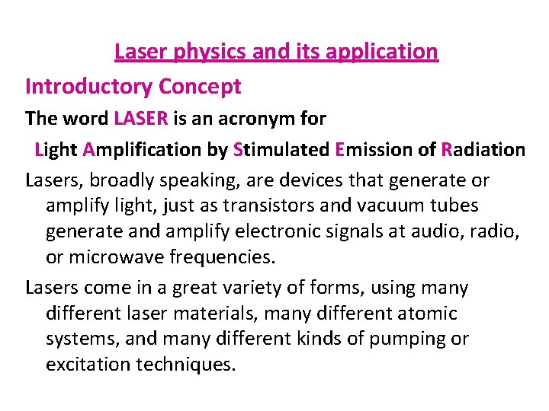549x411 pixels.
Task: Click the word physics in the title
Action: pyautogui.click(x=204, y=52)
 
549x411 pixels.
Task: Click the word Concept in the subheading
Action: pyautogui.click(x=200, y=87)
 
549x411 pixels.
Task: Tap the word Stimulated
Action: pyautogui.click(x=280, y=150)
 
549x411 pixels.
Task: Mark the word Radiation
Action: pyautogui.click(x=483, y=150)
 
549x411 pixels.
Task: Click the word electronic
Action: pyautogui.click(x=281, y=231)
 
